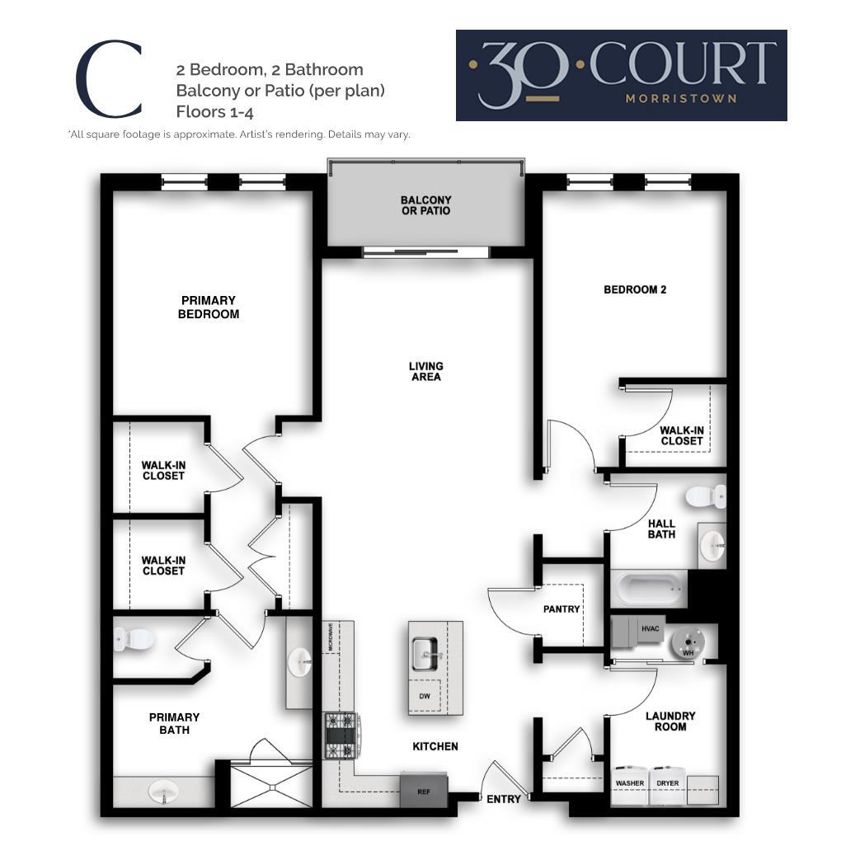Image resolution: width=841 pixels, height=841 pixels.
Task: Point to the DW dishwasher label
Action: (425, 697)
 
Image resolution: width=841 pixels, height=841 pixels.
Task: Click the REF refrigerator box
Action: (424, 790)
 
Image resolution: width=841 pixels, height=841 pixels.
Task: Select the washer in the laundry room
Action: (630, 784)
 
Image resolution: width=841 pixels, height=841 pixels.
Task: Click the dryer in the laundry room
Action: (667, 784)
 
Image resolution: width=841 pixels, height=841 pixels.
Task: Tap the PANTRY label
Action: (561, 609)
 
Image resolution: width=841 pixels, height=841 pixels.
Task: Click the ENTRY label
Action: (503, 799)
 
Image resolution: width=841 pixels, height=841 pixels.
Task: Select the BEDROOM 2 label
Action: (635, 289)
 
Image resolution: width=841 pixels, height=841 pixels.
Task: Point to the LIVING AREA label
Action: (425, 371)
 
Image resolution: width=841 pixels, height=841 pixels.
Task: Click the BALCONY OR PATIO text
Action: (425, 205)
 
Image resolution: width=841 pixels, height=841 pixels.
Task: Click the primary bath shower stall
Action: (270, 783)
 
